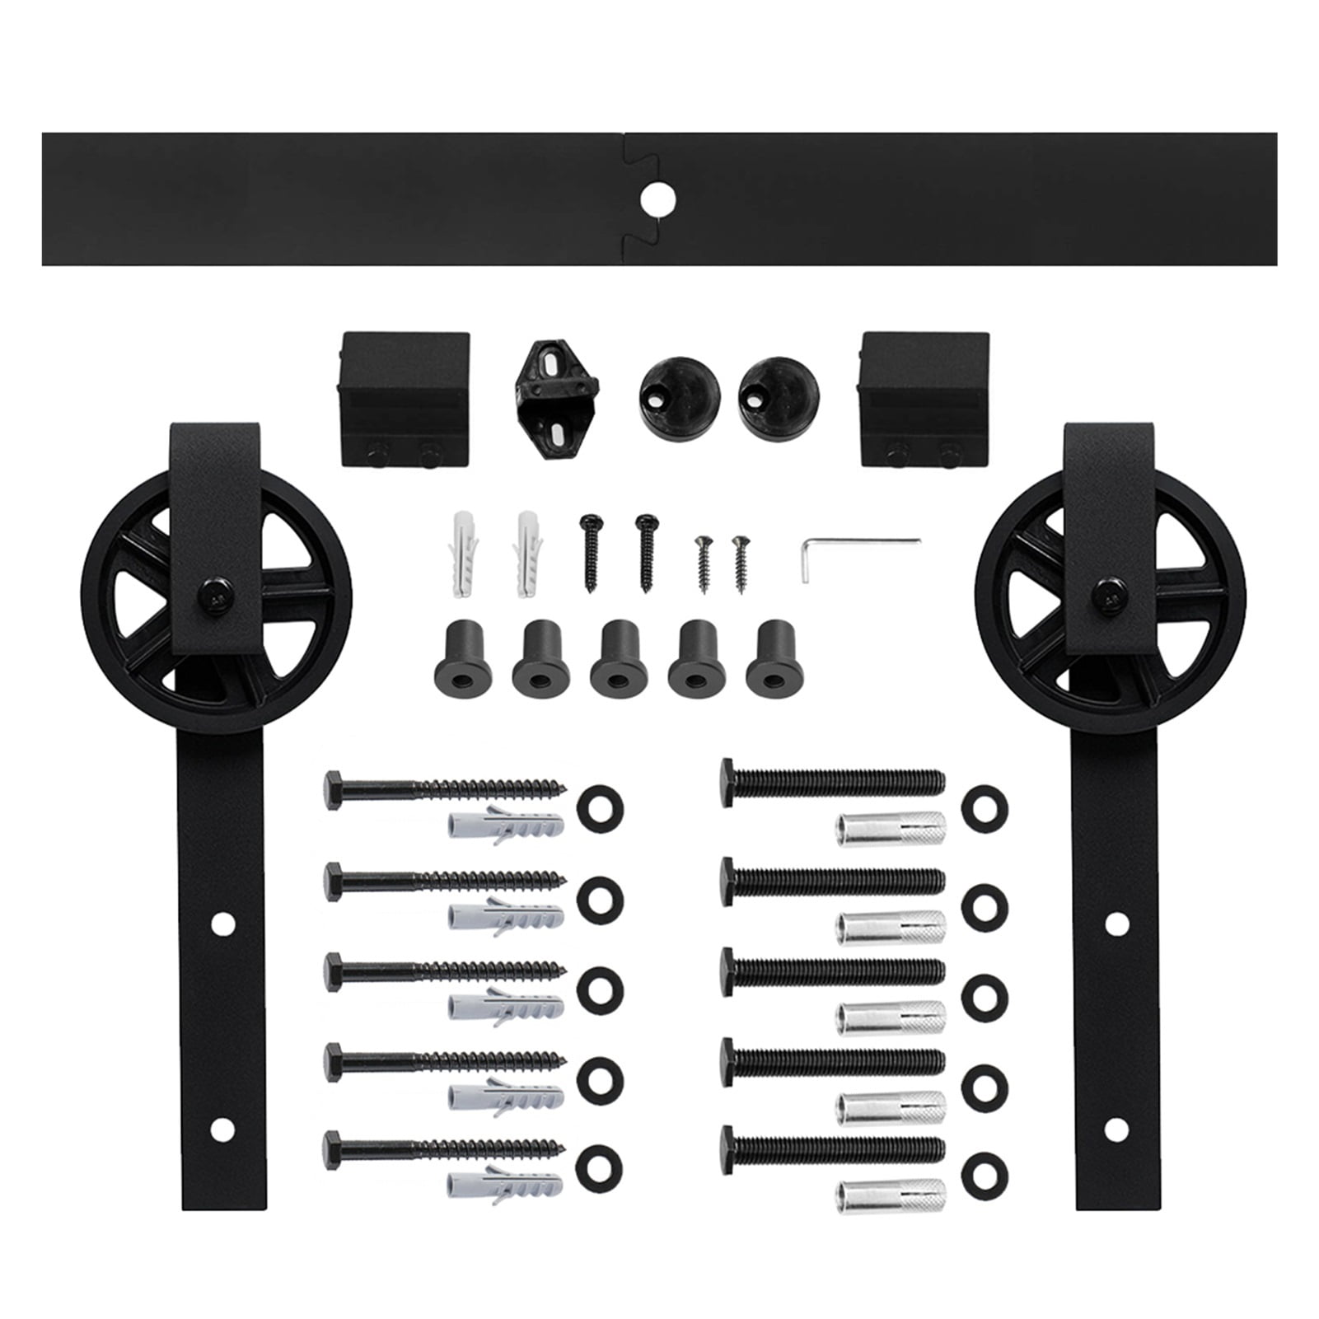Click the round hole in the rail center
657,199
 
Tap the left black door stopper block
404,399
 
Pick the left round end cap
679,392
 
